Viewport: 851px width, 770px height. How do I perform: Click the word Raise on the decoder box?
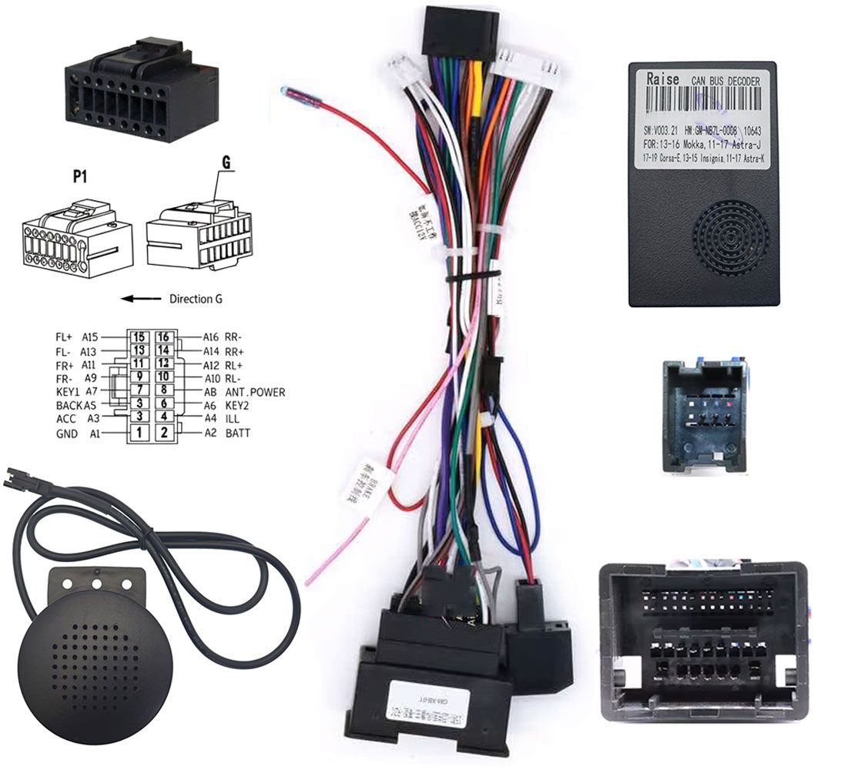pyautogui.click(x=663, y=79)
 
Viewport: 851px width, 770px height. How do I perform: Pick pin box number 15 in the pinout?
pyautogui.click(x=139, y=337)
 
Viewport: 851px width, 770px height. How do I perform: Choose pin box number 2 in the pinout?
pyautogui.click(x=164, y=434)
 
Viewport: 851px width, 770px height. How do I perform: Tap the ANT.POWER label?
pyautogui.click(x=255, y=392)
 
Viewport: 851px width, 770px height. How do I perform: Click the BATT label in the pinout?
pyautogui.click(x=238, y=434)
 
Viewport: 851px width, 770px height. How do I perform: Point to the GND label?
pyautogui.click(x=66, y=434)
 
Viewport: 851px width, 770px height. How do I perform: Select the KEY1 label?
pyautogui.click(x=68, y=392)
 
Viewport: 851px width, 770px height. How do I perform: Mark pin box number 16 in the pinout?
pyautogui.click(x=164, y=337)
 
